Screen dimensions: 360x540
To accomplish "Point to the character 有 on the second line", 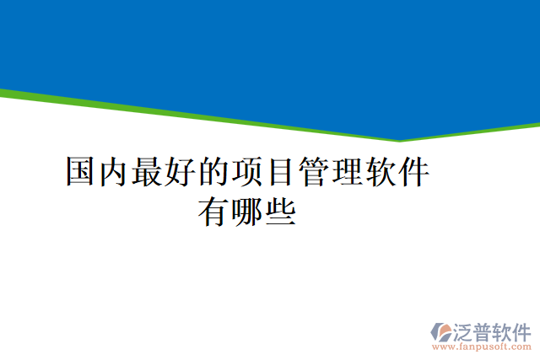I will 213,210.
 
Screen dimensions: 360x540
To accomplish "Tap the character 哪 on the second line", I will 246,210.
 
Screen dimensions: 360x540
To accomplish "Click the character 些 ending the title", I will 280,210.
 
